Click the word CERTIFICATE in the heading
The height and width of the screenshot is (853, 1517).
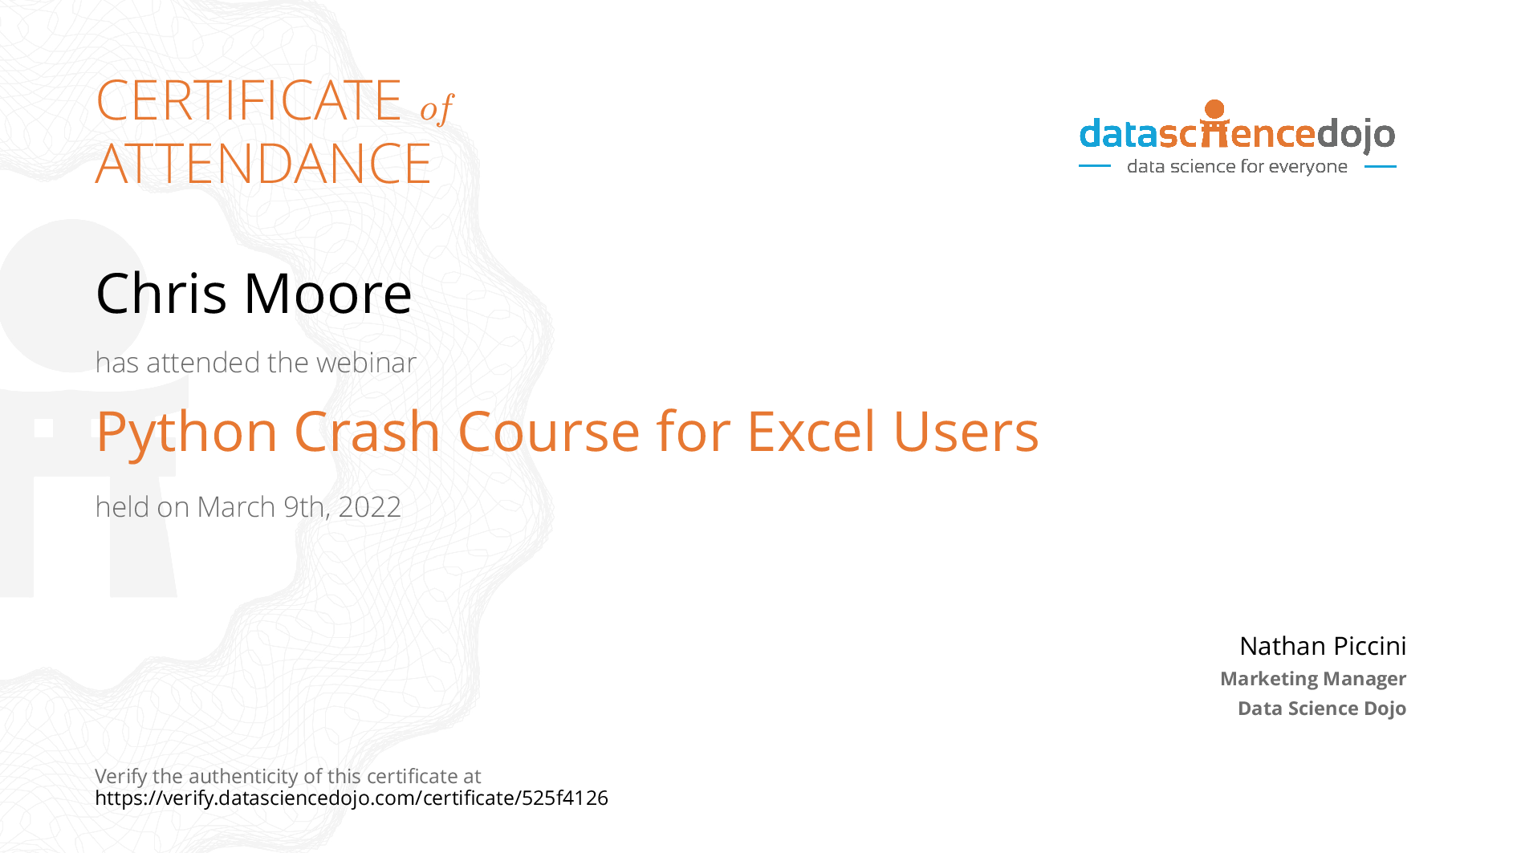[x=249, y=100]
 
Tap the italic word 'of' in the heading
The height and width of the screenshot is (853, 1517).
[x=437, y=108]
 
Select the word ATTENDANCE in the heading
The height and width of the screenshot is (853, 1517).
[x=263, y=164]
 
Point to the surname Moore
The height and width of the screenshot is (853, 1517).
[x=328, y=294]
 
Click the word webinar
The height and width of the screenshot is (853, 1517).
[x=366, y=363]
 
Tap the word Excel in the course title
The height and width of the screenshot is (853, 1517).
[x=811, y=432]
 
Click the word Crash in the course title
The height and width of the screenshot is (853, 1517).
[x=368, y=432]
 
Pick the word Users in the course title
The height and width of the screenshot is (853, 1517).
[x=966, y=432]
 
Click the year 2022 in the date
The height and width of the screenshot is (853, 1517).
[x=369, y=507]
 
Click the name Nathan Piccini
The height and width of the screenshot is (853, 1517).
[x=1323, y=646]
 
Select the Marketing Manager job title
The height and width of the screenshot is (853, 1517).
[x=1313, y=679]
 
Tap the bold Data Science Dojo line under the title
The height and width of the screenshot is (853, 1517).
[x=1322, y=709]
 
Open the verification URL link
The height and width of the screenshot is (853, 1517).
[x=352, y=798]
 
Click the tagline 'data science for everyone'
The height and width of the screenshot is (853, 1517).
[x=1237, y=167]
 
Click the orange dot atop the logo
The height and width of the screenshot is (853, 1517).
[x=1215, y=109]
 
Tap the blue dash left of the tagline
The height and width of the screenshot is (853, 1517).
[x=1095, y=167]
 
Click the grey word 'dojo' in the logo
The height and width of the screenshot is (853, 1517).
[x=1356, y=135]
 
